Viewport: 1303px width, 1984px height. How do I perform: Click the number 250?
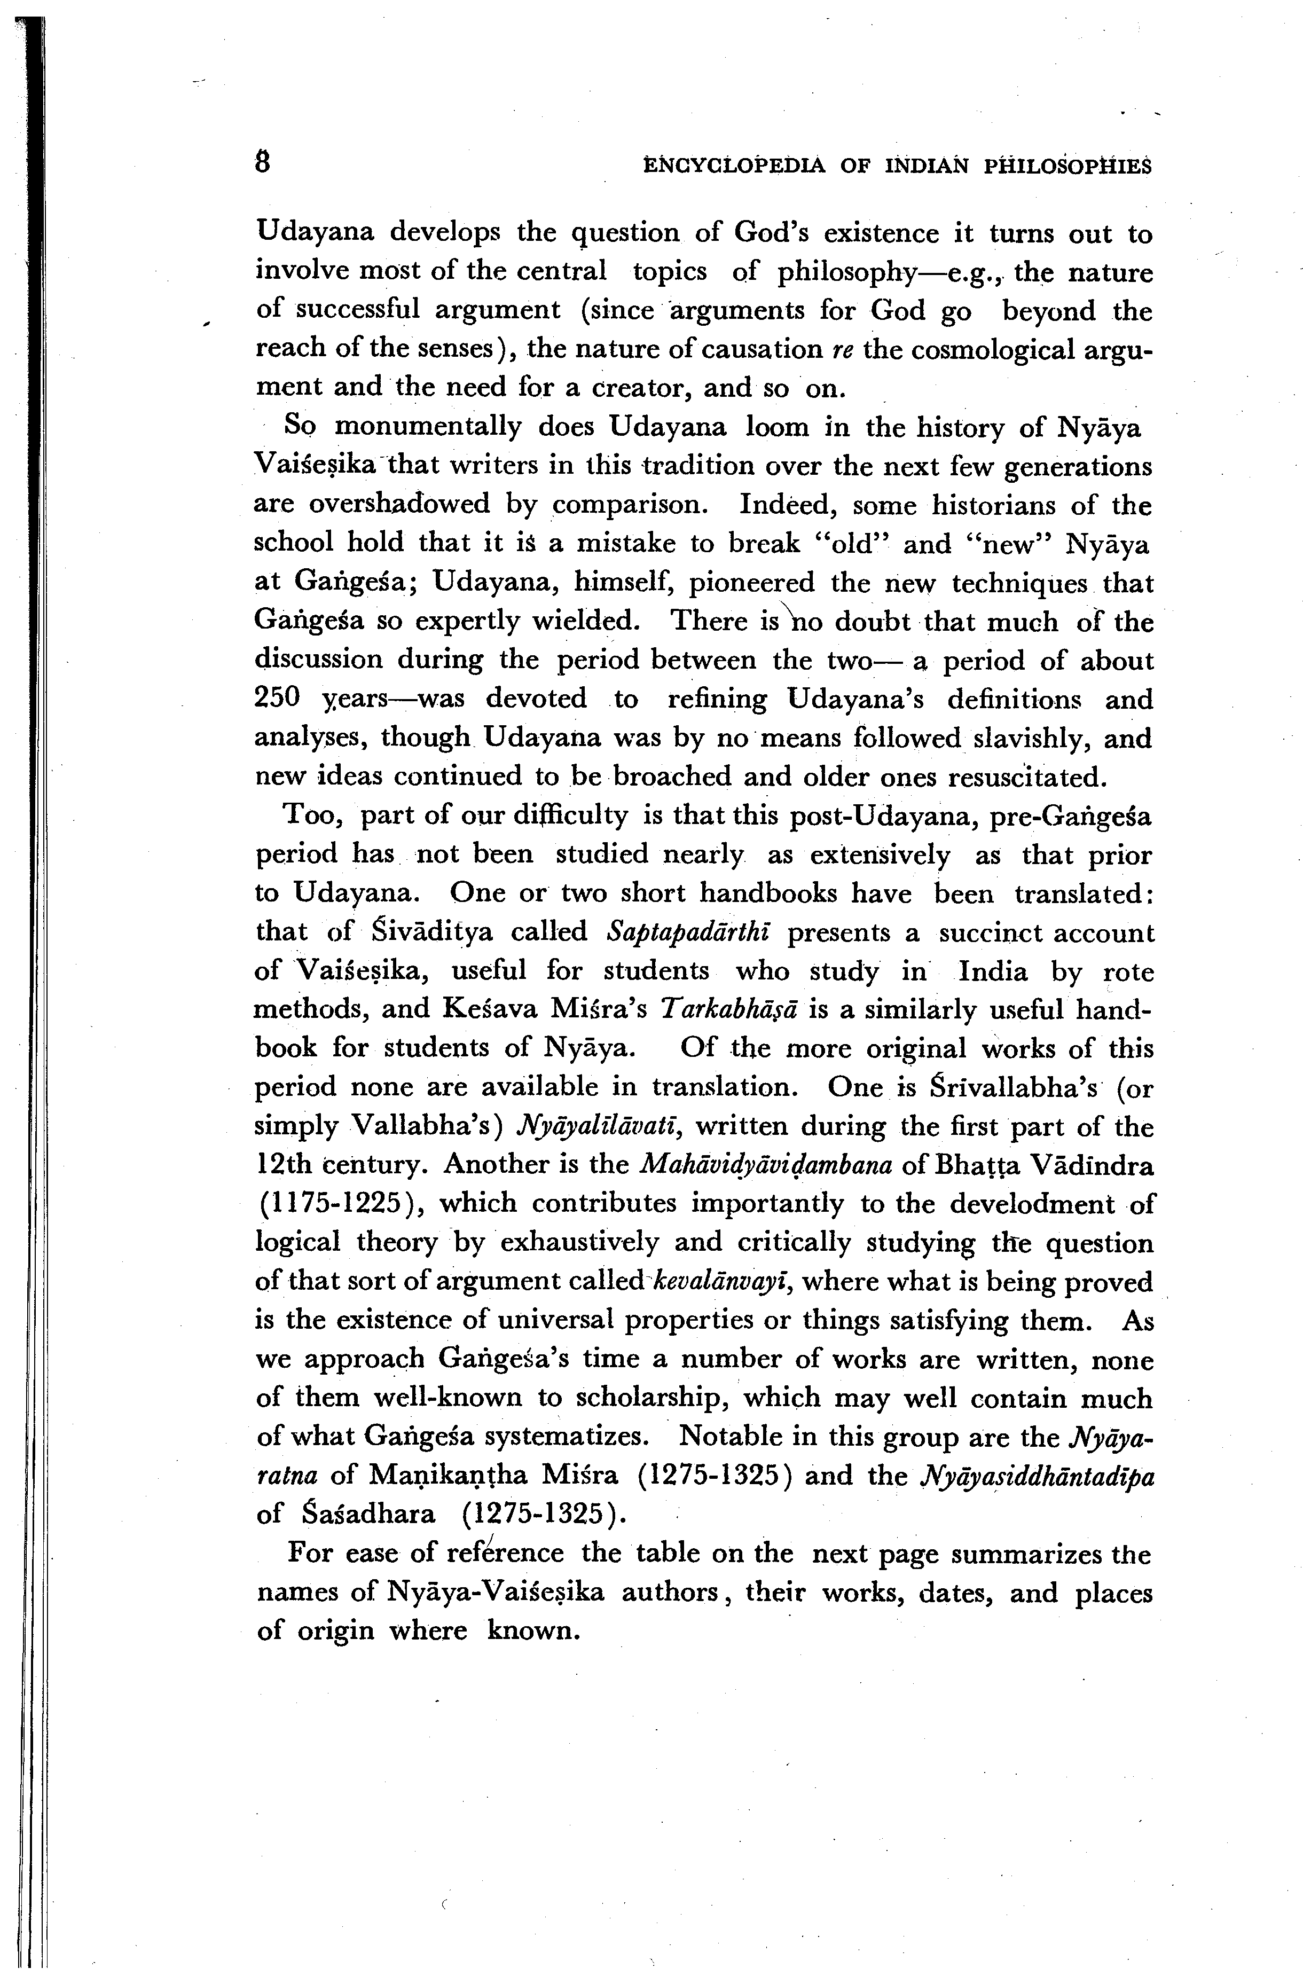pyautogui.click(x=278, y=699)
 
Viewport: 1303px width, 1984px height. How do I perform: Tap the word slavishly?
pyautogui.click(x=1033, y=738)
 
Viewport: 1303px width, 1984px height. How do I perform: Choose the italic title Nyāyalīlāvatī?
pyautogui.click(x=600, y=1126)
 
